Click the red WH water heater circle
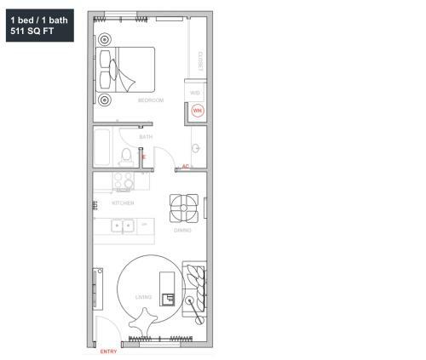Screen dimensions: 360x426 tap(197, 111)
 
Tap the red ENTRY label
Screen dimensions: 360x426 tap(108, 351)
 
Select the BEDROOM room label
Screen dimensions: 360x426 tap(151, 100)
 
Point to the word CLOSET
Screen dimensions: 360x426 tap(199, 60)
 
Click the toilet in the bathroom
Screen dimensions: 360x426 tap(127, 155)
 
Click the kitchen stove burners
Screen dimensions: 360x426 tap(121, 180)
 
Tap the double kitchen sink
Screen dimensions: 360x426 tap(124, 226)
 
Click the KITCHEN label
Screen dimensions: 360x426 tap(123, 203)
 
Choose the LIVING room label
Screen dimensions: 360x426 tap(143, 297)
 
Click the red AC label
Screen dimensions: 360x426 tap(186, 166)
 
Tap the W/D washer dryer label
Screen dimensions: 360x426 tap(194, 93)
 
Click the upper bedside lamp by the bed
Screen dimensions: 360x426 tap(105, 38)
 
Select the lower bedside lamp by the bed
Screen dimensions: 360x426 tap(105, 100)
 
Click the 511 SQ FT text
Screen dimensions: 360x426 tap(31, 30)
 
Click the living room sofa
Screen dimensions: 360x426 tap(195, 287)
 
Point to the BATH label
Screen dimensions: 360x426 tap(146, 136)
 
